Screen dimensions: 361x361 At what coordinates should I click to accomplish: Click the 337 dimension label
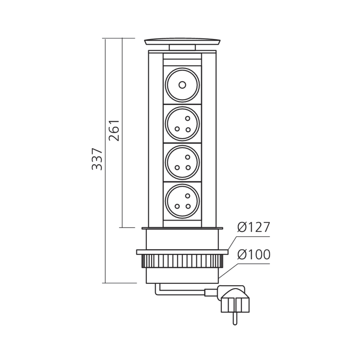pos(97,158)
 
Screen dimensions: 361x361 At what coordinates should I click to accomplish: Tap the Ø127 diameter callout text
pos(253,228)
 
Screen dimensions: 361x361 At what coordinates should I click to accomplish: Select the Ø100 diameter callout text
pos(253,255)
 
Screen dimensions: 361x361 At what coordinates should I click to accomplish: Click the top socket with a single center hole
pos(182,85)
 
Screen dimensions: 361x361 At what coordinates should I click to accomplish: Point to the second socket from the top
pos(182,123)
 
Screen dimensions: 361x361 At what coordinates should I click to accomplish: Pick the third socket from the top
pos(182,162)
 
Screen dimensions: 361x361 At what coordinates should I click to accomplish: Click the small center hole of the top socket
pos(182,85)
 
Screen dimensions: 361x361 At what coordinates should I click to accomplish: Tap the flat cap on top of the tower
pos(182,42)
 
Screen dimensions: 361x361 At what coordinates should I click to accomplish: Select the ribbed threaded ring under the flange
pos(182,260)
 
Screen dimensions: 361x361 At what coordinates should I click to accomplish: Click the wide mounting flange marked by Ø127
pos(182,252)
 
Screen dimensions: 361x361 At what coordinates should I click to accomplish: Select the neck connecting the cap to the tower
pos(182,48)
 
